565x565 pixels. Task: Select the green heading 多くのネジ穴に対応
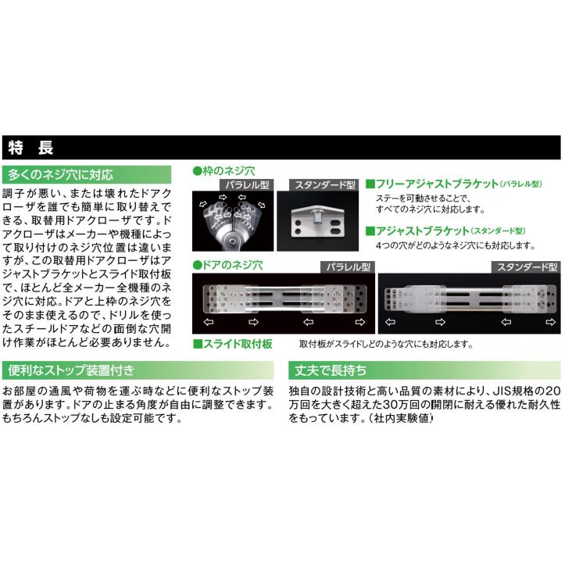(60, 174)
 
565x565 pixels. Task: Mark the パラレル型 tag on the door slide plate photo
(347, 267)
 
